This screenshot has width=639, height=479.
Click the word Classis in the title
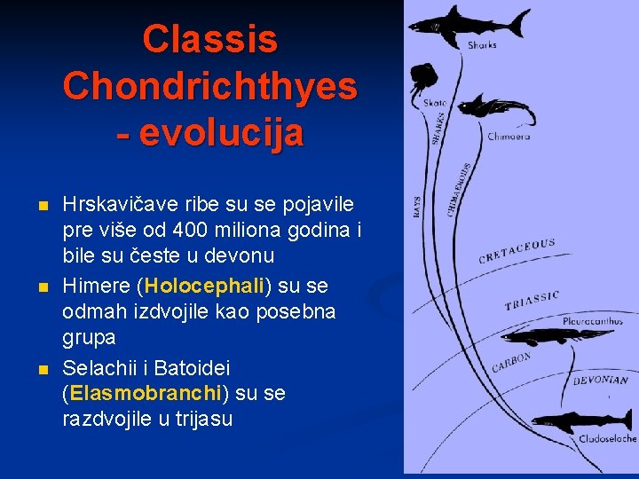click(x=210, y=40)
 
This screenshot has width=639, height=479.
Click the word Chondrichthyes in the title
click(x=210, y=86)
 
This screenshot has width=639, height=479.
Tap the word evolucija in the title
click(x=222, y=132)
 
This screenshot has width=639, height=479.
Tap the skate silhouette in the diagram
click(x=424, y=79)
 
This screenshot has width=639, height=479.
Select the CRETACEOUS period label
click(x=517, y=251)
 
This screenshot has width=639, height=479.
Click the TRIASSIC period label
click(x=532, y=300)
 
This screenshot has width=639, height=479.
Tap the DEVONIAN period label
click(x=600, y=380)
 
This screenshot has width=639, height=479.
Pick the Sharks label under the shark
click(x=482, y=44)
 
